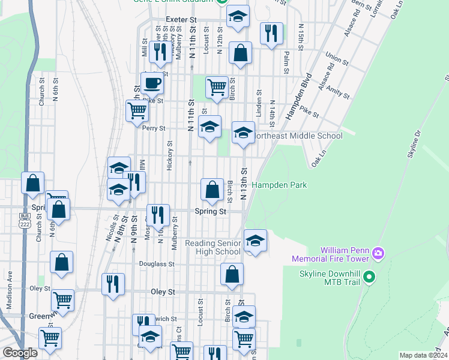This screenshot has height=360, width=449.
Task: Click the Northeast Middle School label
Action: pyautogui.click(x=297, y=136)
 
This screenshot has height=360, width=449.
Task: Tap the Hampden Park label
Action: pyautogui.click(x=279, y=185)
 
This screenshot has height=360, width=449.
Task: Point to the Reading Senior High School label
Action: pyautogui.click(x=212, y=247)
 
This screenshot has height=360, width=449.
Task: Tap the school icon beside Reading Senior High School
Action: pyautogui.click(x=256, y=242)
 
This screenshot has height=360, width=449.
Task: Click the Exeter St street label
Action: pyautogui.click(x=181, y=20)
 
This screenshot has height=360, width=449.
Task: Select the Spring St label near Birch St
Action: pyautogui.click(x=210, y=211)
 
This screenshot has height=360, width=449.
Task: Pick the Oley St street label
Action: pyautogui.click(x=161, y=292)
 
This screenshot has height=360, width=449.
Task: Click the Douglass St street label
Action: pyautogui.click(x=157, y=263)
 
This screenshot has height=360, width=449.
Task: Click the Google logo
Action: pyautogui.click(x=20, y=353)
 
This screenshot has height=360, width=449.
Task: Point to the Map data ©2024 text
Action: pyautogui.click(x=423, y=355)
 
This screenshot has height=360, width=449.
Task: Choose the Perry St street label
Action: pyautogui.click(x=153, y=128)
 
